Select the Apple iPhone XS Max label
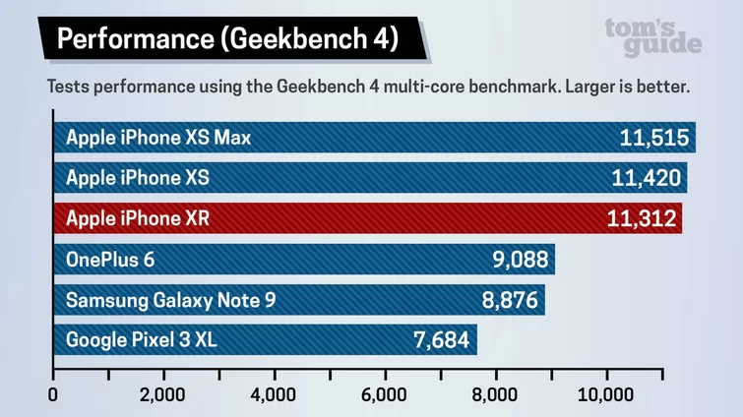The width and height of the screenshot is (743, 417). [158, 138]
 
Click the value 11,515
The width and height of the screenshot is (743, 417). [653, 138]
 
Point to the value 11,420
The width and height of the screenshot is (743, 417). [645, 178]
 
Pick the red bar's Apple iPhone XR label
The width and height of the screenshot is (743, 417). [138, 218]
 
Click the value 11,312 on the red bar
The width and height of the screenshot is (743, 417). [640, 218]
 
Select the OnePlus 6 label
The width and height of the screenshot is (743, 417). [110, 260]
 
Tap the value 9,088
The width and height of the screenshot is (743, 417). [520, 260]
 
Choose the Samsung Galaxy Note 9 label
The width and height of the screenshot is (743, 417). [170, 300]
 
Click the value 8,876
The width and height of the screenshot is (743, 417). [509, 300]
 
